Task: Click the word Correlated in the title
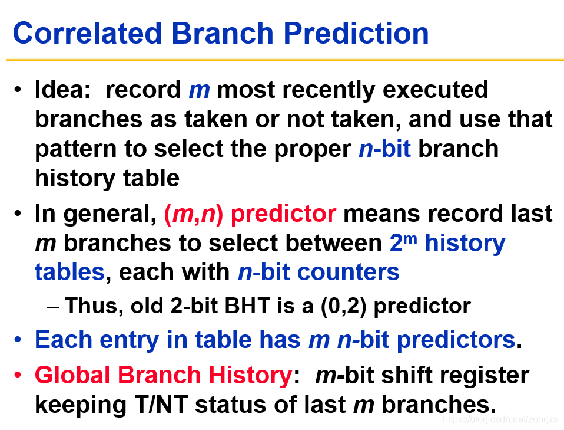coord(87,33)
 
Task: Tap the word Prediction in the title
coord(356,33)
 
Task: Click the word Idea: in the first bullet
coord(62,90)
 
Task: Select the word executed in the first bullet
coord(435,90)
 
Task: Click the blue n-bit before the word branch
coord(385,149)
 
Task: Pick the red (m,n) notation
coord(194,214)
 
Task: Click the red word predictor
coord(283,214)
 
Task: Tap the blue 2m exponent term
coord(403,242)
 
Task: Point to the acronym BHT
coord(247,306)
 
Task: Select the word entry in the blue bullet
coord(129,340)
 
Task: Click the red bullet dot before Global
coord(18,375)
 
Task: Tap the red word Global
coord(72,375)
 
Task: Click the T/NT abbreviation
coord(161,405)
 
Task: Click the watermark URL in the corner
coord(500,419)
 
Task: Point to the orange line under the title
coord(285,60)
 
